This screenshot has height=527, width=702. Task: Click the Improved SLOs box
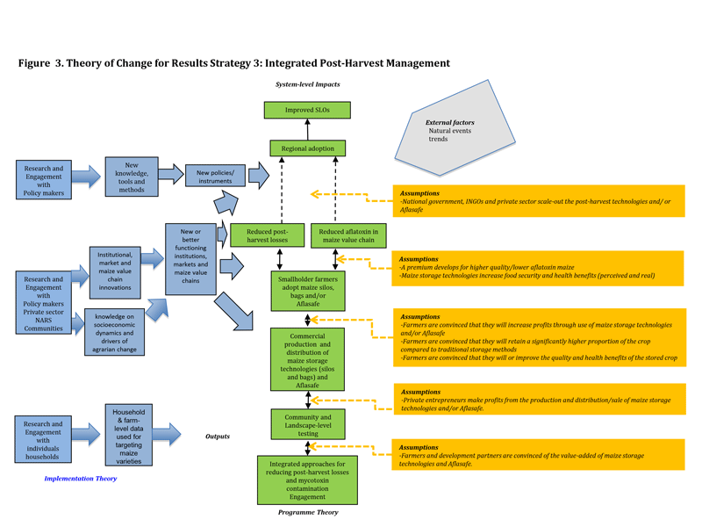coord(307,110)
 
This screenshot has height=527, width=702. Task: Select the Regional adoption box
coord(307,148)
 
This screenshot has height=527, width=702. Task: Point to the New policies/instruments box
coord(215,176)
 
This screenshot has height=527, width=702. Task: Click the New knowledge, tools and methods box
coord(132,177)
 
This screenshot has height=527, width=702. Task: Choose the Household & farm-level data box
coord(129,436)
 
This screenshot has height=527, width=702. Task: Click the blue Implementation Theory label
coord(80,479)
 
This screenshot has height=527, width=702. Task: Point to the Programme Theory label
coord(307,512)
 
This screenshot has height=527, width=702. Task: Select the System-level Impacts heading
coord(307,84)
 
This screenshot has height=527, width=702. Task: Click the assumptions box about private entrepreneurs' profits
coord(540,401)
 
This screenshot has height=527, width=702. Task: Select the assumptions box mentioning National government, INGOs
coord(540,201)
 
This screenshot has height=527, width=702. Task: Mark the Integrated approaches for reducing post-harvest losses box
coord(307,478)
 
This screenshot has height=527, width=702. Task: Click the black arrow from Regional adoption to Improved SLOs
coord(307,129)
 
